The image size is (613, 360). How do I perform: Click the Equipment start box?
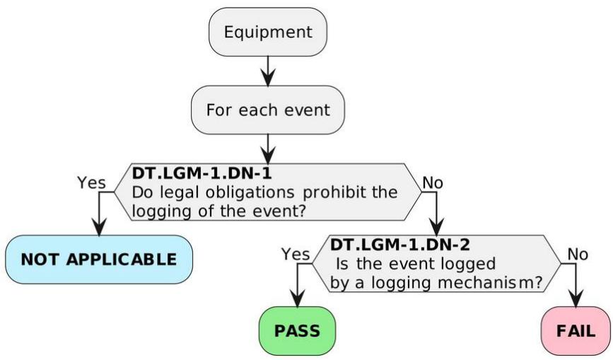[x=268, y=32]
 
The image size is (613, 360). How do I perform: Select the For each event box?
[x=268, y=110]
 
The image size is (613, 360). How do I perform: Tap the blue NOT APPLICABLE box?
[x=99, y=260]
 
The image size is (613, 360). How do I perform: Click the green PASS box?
[x=297, y=331]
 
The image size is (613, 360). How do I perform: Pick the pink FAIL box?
[x=576, y=331]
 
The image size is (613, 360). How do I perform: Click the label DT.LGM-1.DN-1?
[x=202, y=173]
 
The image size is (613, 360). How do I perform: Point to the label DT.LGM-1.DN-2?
[x=400, y=245]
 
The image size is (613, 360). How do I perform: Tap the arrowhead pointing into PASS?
[x=298, y=298]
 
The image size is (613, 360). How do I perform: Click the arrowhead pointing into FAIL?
[x=576, y=298]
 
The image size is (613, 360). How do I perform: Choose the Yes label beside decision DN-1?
[x=91, y=182]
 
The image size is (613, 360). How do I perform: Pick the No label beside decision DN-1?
[x=433, y=182]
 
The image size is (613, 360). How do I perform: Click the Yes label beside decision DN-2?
[x=296, y=254]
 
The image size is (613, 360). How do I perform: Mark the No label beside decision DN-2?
[x=578, y=254]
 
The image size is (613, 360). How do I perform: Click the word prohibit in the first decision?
[x=332, y=192]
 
